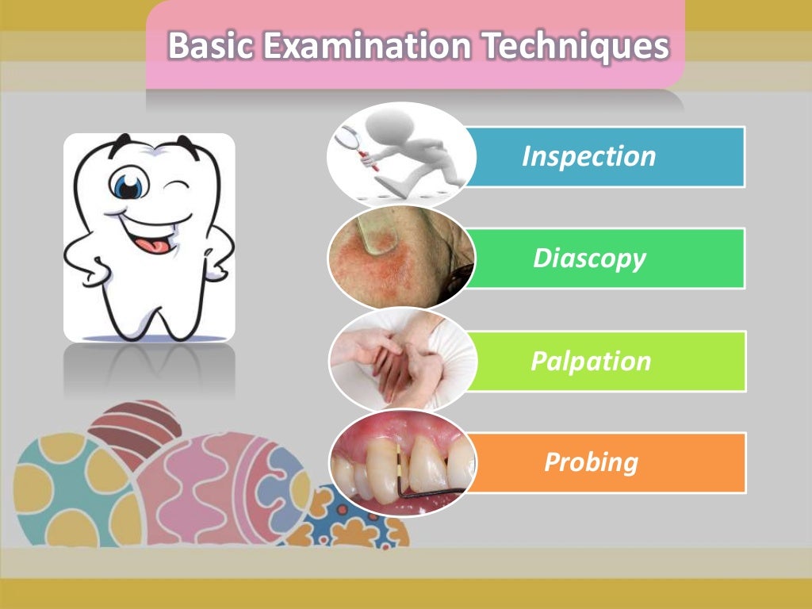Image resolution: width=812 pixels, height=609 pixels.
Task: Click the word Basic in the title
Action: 211,46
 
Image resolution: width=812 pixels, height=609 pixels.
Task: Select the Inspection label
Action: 588,156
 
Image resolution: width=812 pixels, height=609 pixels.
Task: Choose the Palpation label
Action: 591,361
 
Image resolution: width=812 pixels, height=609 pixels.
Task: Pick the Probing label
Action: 591,462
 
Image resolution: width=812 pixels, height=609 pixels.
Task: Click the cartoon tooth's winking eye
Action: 178,186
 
